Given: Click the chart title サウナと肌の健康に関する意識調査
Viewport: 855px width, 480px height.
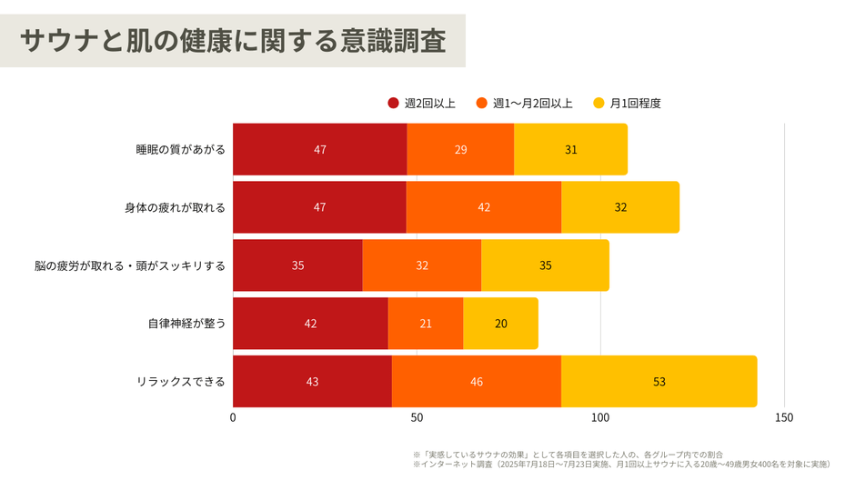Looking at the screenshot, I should pyautogui.click(x=233, y=41).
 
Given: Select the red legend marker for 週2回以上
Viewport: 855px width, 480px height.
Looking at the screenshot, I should pyautogui.click(x=393, y=103).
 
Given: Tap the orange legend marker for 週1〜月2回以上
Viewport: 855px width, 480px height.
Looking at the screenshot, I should pyautogui.click(x=482, y=103).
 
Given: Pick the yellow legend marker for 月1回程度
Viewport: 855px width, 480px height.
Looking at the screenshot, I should pyautogui.click(x=598, y=103).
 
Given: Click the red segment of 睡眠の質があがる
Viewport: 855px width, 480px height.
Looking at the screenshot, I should pyautogui.click(x=319, y=149).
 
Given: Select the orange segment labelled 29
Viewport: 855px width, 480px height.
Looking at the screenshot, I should pyautogui.click(x=460, y=149).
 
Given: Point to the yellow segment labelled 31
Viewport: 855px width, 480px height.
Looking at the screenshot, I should pyautogui.click(x=570, y=149).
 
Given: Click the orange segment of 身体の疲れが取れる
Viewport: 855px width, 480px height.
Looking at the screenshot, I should pyautogui.click(x=483, y=207).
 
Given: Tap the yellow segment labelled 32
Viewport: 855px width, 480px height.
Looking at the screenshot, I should pyautogui.click(x=620, y=207).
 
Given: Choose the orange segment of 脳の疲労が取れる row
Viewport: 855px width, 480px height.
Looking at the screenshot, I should pyautogui.click(x=421, y=265).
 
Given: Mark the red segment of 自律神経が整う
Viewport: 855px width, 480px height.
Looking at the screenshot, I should pyautogui.click(x=310, y=324).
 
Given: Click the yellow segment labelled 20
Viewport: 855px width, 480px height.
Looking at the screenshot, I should pyautogui.click(x=500, y=324).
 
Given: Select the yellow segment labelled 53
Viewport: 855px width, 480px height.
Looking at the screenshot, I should pyautogui.click(x=659, y=382).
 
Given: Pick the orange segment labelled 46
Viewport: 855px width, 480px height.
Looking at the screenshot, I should pyautogui.click(x=476, y=382).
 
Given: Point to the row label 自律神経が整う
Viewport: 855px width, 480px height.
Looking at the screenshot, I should pyautogui.click(x=186, y=324).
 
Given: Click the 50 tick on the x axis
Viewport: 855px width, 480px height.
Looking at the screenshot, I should pyautogui.click(x=417, y=418).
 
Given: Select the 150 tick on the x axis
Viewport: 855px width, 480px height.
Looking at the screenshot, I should pyautogui.click(x=784, y=418).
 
